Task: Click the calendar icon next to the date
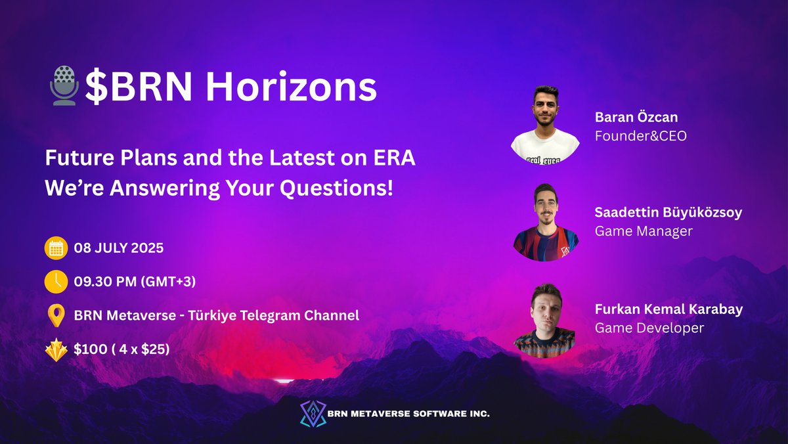click(x=56, y=249)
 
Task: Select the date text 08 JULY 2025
click(x=119, y=249)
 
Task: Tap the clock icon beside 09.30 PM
click(x=56, y=282)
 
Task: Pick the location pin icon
click(x=56, y=315)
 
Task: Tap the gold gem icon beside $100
click(x=56, y=349)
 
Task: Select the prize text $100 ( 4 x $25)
click(x=122, y=349)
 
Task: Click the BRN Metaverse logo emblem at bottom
click(x=313, y=414)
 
